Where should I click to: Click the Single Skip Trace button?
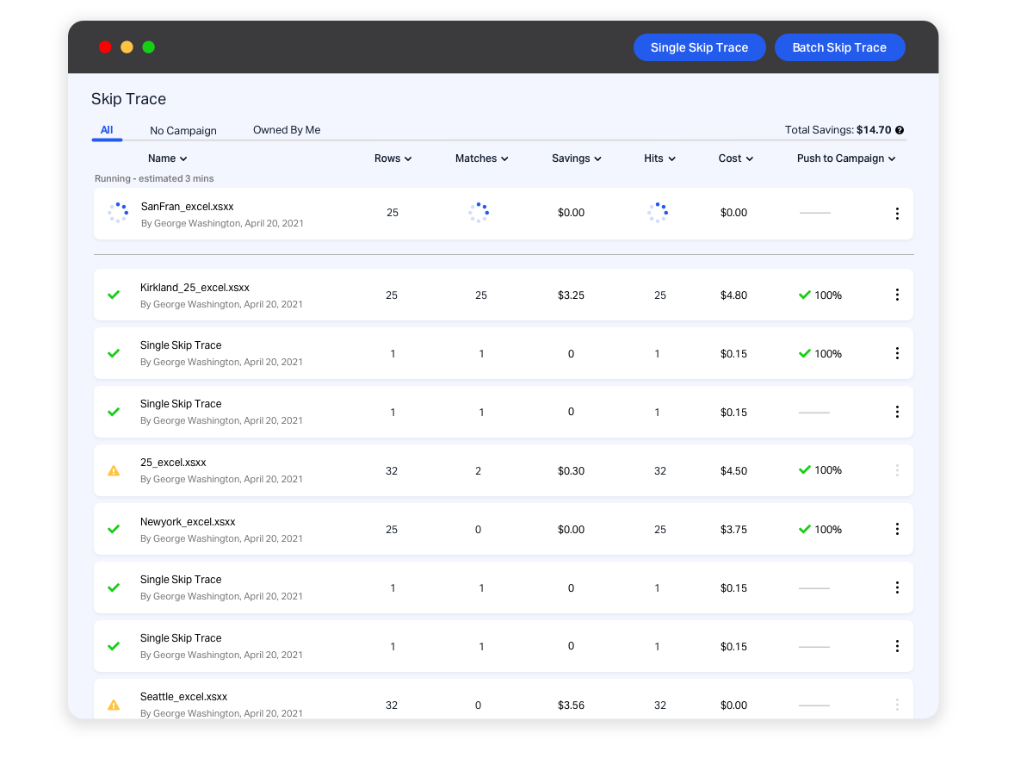coord(699,47)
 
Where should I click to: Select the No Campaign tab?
coord(183,131)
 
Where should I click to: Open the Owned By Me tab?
coord(287,130)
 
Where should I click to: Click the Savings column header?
coord(576,158)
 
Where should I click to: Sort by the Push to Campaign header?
coord(846,158)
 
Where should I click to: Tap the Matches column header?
coord(481,158)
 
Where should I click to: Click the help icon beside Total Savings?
coord(900,130)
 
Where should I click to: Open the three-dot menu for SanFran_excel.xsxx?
coord(897,214)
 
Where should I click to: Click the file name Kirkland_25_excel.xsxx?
coord(195,288)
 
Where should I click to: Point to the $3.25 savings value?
coord(571,295)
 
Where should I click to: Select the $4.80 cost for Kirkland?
coord(733,295)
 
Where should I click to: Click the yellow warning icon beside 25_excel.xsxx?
coord(114,471)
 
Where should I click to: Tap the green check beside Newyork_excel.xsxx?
coord(114,530)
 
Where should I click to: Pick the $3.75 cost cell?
coord(733,530)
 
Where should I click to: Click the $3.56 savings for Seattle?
coord(571,705)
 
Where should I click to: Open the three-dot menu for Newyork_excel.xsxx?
coord(897,529)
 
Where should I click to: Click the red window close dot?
coord(105,47)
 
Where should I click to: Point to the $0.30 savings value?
coord(571,471)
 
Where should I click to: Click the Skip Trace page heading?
coord(128,99)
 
